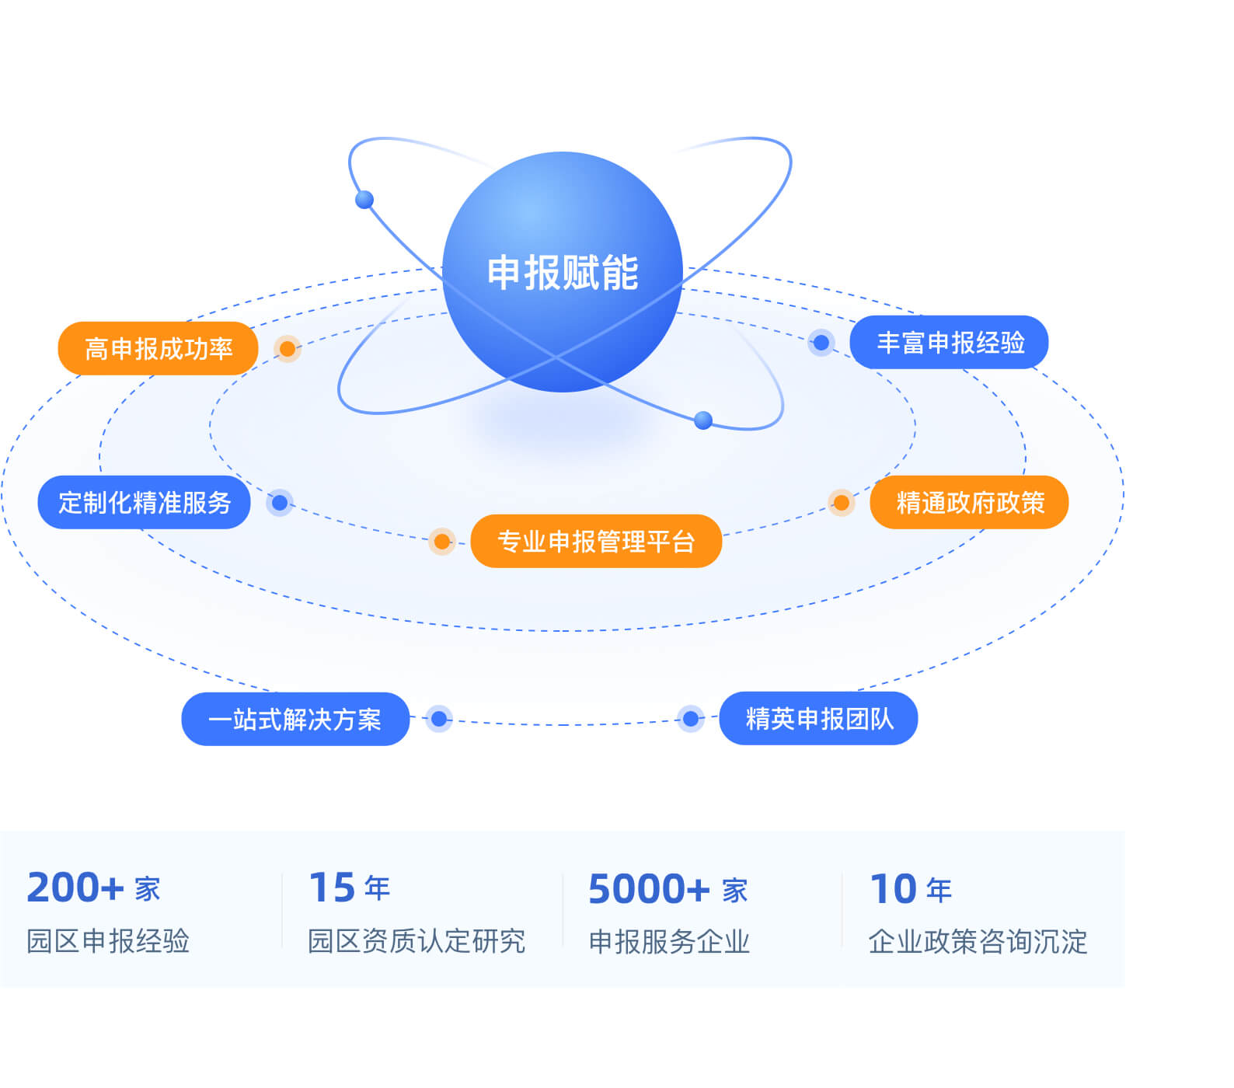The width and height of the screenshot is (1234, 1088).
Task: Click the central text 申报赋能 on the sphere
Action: pyautogui.click(x=563, y=273)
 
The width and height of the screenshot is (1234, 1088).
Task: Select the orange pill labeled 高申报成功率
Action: pyautogui.click(x=158, y=349)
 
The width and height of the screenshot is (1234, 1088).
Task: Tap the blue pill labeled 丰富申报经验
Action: pyautogui.click(x=950, y=343)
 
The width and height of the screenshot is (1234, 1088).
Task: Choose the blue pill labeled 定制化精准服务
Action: pyautogui.click(x=145, y=503)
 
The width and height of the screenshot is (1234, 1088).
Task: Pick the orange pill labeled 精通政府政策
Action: pyautogui.click(x=970, y=503)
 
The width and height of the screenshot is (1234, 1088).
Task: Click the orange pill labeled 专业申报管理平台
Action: pyautogui.click(x=596, y=542)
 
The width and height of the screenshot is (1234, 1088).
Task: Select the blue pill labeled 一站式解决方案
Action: pyautogui.click(x=295, y=720)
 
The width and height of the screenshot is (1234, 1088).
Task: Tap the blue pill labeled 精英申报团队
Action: pyautogui.click(x=819, y=719)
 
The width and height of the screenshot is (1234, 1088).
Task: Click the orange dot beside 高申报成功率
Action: pyautogui.click(x=288, y=349)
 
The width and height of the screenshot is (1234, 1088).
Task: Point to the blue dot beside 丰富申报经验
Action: pyautogui.click(x=821, y=343)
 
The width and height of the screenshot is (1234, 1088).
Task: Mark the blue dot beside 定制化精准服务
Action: pyautogui.click(x=280, y=503)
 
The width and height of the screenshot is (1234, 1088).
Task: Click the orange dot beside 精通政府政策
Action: pyautogui.click(x=841, y=503)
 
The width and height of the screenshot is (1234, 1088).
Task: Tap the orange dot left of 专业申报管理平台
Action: pyautogui.click(x=441, y=542)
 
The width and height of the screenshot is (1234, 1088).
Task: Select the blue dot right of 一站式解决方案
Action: pyautogui.click(x=439, y=719)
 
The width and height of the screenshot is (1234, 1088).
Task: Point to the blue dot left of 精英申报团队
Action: pyautogui.click(x=690, y=719)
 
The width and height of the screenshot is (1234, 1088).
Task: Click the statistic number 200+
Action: pyautogui.click(x=75, y=887)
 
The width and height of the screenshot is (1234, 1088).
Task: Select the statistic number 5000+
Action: pyautogui.click(x=649, y=889)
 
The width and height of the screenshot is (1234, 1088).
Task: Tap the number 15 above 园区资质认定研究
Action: pyautogui.click(x=333, y=887)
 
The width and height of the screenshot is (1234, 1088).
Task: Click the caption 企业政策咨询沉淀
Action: pyautogui.click(x=978, y=942)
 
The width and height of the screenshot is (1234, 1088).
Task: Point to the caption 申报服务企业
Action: pyautogui.click(x=669, y=942)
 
